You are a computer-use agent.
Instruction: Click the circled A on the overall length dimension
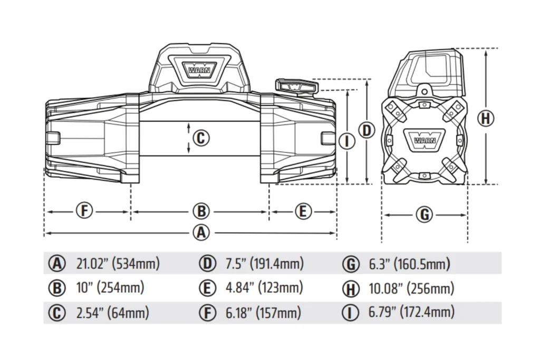click(x=201, y=233)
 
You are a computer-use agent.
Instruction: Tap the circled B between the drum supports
click(x=201, y=211)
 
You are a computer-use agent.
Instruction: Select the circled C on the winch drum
click(x=201, y=138)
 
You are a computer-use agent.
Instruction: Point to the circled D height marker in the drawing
click(x=367, y=131)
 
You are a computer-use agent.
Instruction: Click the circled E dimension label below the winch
click(x=303, y=211)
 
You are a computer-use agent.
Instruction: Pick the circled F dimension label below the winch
click(x=84, y=210)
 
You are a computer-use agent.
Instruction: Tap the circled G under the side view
click(x=425, y=215)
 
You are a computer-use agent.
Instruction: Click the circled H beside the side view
click(x=486, y=119)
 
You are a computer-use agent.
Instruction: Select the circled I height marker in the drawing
click(x=347, y=141)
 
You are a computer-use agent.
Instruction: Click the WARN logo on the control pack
click(x=199, y=69)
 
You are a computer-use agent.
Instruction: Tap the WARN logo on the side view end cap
click(x=425, y=139)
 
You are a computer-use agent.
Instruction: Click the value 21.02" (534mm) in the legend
click(x=118, y=264)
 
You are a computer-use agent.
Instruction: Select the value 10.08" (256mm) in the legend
click(x=411, y=288)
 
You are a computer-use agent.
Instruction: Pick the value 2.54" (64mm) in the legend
click(x=113, y=313)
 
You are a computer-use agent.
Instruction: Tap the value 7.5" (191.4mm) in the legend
click(x=265, y=264)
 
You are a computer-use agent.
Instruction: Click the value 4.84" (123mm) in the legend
click(x=264, y=288)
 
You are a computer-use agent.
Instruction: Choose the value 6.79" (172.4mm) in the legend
click(x=411, y=312)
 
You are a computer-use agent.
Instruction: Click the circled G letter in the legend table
click(x=351, y=264)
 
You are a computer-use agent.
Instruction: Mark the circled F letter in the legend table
click(x=208, y=313)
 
